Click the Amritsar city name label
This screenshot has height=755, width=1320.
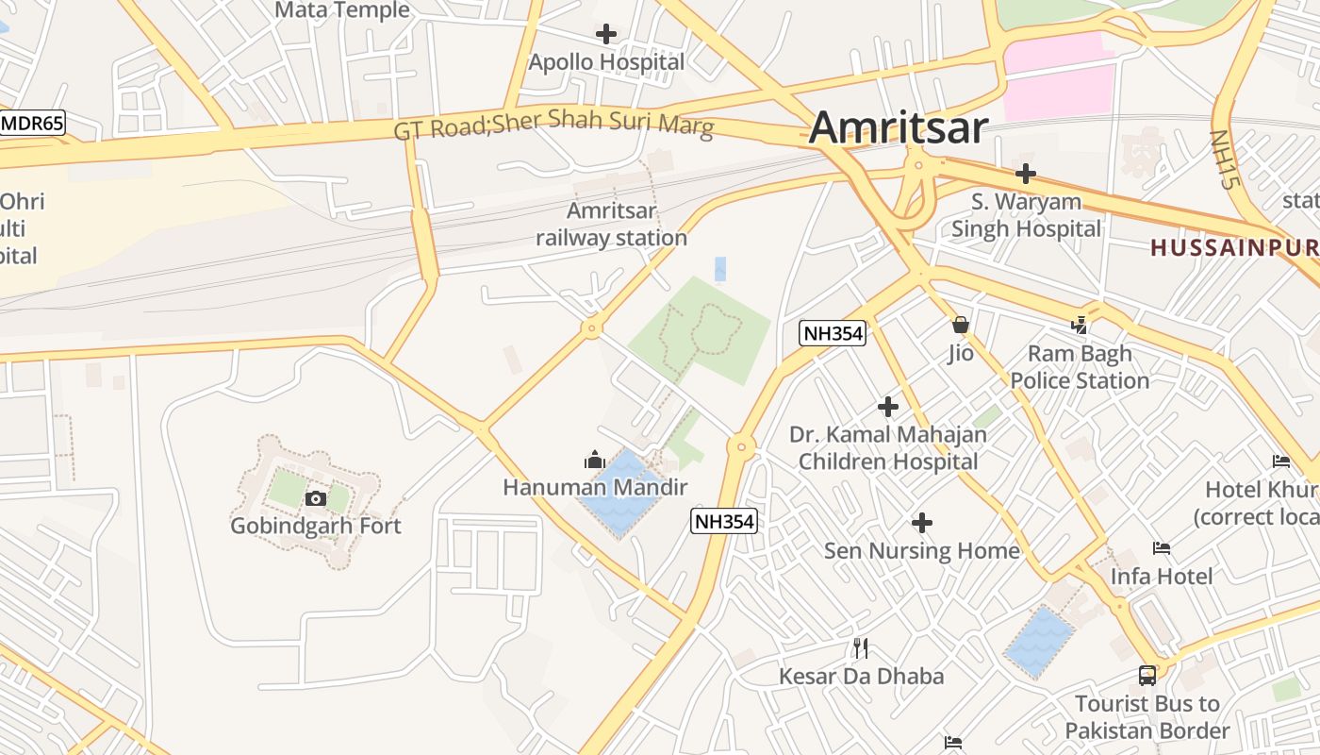[898, 127]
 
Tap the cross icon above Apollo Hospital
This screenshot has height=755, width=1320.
[606, 35]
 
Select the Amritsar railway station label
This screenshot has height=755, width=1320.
[612, 225]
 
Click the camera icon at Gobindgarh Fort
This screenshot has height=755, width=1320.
[316, 498]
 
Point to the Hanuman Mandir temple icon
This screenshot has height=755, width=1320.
[595, 461]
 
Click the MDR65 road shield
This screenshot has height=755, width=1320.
[32, 124]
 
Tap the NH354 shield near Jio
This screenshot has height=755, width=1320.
[833, 332]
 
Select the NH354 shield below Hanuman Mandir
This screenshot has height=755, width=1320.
[724, 521]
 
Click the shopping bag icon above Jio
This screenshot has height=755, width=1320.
[961, 326]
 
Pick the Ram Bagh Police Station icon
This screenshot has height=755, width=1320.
[1079, 326]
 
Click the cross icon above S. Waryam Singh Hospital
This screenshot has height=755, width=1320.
[1026, 174]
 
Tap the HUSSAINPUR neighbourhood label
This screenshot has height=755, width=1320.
[1233, 248]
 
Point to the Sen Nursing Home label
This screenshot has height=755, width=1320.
[922, 551]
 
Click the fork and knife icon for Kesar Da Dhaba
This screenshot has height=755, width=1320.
[860, 648]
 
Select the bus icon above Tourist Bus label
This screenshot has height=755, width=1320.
[1147, 676]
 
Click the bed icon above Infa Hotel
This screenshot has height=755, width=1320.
[1162, 548]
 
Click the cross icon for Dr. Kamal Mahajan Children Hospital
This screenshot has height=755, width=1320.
[888, 407]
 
